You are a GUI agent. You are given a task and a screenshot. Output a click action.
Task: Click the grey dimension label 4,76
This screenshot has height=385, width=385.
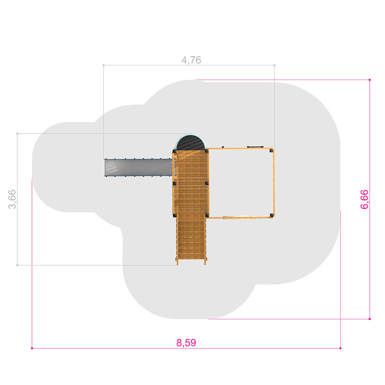(191, 60)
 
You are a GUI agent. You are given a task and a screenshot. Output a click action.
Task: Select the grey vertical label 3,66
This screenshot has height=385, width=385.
(12, 199)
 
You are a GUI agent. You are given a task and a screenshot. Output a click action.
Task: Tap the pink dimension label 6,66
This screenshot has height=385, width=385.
(364, 199)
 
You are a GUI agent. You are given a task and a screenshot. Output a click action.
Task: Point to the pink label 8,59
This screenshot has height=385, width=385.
(186, 343)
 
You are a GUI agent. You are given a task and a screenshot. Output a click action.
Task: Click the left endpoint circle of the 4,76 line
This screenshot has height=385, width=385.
(103, 65)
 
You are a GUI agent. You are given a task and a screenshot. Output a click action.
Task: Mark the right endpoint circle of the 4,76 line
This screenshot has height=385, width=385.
(275, 65)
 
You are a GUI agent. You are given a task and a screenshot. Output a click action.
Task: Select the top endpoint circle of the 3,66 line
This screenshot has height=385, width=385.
(17, 134)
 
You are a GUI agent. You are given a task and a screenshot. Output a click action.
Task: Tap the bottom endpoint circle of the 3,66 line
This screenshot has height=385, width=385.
(17, 265)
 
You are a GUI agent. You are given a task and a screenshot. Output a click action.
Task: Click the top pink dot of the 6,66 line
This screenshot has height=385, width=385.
(370, 80)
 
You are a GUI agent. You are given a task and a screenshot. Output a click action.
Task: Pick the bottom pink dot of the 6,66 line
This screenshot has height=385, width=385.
(370, 319)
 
